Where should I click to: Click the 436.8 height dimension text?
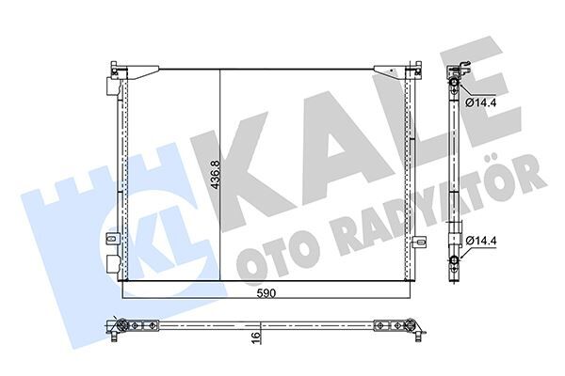215,173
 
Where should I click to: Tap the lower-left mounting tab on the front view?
112,239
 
